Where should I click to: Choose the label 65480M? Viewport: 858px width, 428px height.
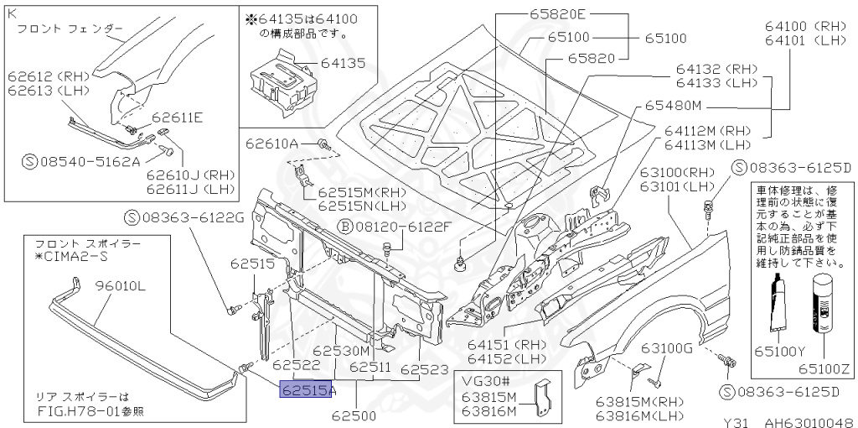(x=672, y=107)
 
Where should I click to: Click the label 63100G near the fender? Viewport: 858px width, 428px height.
(x=667, y=348)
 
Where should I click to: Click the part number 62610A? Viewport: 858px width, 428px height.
(x=272, y=144)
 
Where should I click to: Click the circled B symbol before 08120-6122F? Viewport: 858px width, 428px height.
(x=344, y=227)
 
